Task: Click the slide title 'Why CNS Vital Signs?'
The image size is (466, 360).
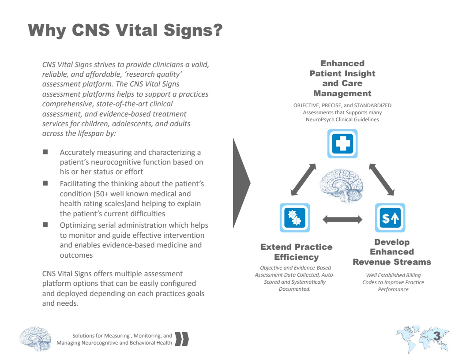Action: pyautogui.click(x=125, y=31)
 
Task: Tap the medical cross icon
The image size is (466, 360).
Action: pyautogui.click(x=342, y=143)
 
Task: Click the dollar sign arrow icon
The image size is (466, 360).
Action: pyautogui.click(x=390, y=217)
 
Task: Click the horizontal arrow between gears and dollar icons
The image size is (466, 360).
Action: pyautogui.click(x=342, y=219)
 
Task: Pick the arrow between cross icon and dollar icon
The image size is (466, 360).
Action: pyautogui.click(x=381, y=179)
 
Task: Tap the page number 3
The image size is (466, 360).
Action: pyautogui.click(x=437, y=337)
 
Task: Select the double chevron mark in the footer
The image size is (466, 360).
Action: pyautogui.click(x=182, y=339)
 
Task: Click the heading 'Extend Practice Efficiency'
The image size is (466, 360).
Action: pyautogui.click(x=296, y=252)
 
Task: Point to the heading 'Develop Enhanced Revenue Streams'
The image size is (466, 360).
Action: pyautogui.click(x=392, y=252)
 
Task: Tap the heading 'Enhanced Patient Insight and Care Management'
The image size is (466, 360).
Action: pyautogui.click(x=342, y=79)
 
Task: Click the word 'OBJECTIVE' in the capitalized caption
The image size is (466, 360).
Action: pyautogui.click(x=306, y=105)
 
